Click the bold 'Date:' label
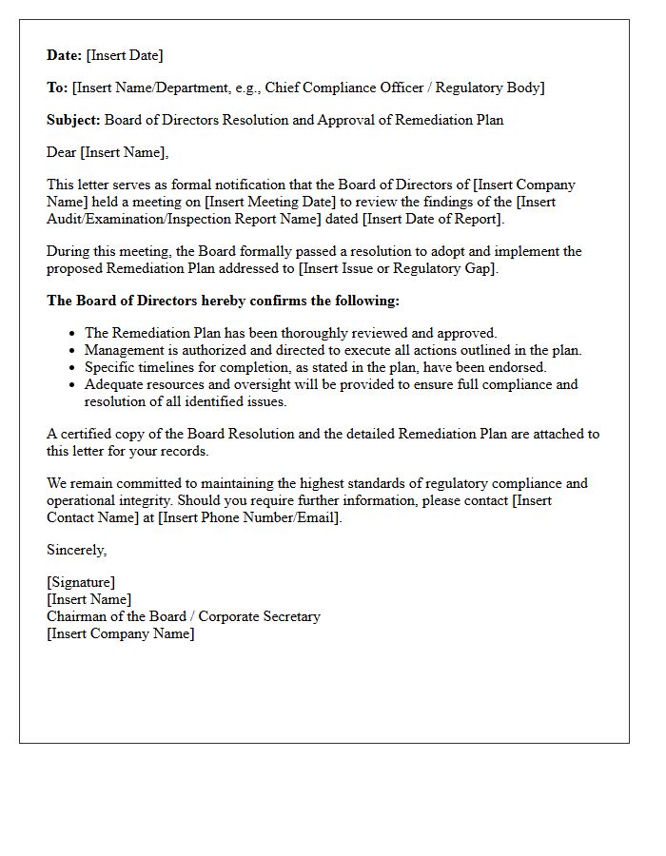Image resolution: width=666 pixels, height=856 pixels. pos(65,56)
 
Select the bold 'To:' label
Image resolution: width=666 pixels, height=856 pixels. pos(57,88)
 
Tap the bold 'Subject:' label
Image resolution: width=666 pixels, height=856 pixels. pos(73,121)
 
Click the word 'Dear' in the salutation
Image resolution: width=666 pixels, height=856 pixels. pos(62,153)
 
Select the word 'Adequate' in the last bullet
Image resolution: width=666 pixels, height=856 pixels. pos(113,385)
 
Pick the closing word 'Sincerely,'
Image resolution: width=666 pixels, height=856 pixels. pos(77,551)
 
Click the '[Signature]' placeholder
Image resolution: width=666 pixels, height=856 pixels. pos(81,583)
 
